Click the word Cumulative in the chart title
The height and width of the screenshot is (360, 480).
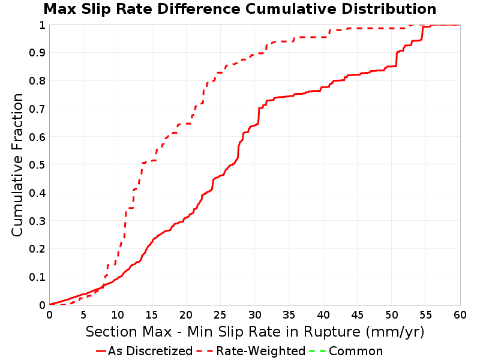pyautogui.click(x=292, y=9)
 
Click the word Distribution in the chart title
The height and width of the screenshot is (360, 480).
pyautogui.click(x=389, y=9)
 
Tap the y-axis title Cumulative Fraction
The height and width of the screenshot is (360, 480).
pyautogui.click(x=17, y=165)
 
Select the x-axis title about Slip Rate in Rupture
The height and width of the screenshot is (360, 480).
pyautogui.click(x=255, y=332)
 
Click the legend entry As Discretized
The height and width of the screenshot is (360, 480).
pyautogui.click(x=150, y=351)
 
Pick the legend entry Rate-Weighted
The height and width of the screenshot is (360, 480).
pyautogui.click(x=261, y=351)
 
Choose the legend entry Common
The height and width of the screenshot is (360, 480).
pyautogui.click(x=356, y=351)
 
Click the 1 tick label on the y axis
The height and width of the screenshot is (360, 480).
pyautogui.click(x=42, y=25)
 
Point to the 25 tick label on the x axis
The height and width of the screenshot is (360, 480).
pyautogui.click(x=220, y=314)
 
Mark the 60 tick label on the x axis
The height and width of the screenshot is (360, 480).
pyautogui.click(x=460, y=314)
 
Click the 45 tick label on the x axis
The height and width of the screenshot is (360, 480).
pyautogui.click(x=357, y=314)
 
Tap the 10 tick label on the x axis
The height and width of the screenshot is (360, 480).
pyautogui.click(x=118, y=314)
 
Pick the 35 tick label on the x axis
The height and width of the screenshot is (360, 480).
pyautogui.click(x=289, y=314)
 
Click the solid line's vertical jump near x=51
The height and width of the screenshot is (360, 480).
pyautogui.click(x=397, y=59)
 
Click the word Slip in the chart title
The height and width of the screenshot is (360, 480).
pyautogui.click(x=95, y=9)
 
